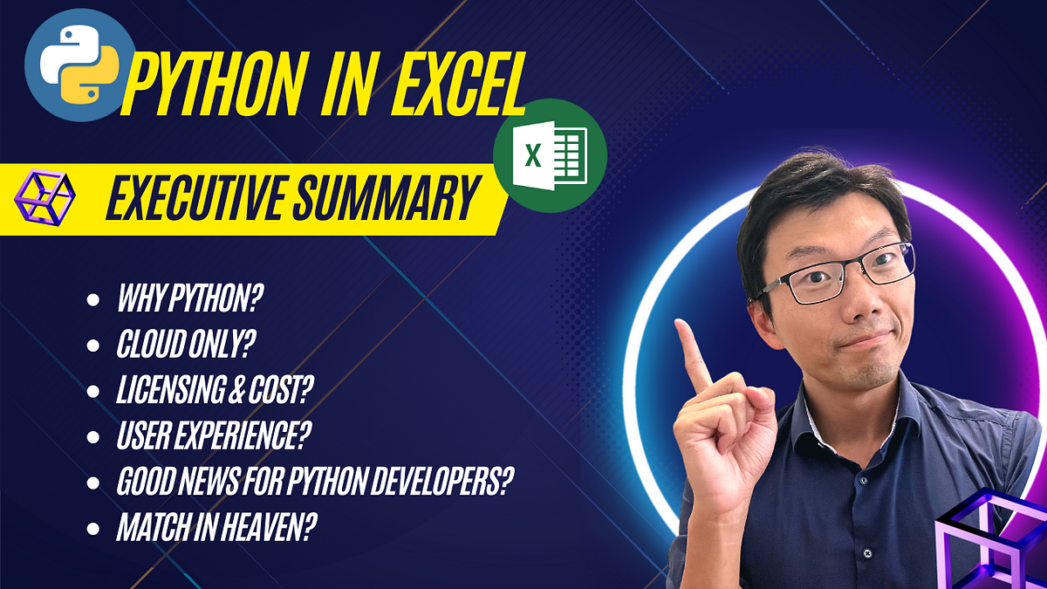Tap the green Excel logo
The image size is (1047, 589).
pyautogui.click(x=550, y=155)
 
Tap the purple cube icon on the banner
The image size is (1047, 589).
pyautogui.click(x=44, y=197)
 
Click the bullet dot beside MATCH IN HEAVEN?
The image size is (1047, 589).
pyautogui.click(x=93, y=529)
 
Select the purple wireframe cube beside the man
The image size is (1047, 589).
pyautogui.click(x=991, y=541)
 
